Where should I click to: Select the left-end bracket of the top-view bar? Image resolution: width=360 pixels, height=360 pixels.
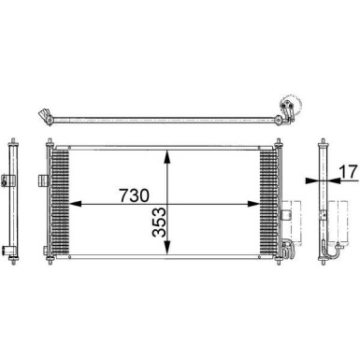pyautogui.click(x=42, y=117)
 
